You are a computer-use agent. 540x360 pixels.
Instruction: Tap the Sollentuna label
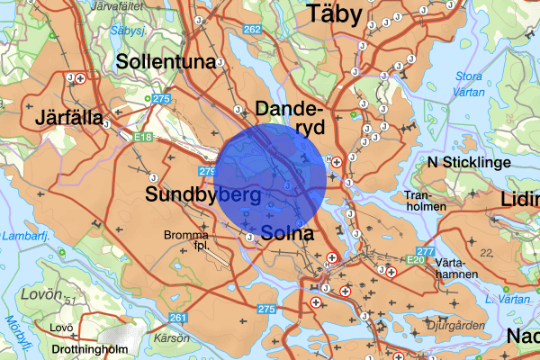point(169,62)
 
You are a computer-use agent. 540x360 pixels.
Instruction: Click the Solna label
point(288,234)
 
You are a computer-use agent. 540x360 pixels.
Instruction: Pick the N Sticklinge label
point(469,162)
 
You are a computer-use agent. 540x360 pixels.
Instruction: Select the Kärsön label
point(171,337)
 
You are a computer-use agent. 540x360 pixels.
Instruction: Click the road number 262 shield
point(252,30)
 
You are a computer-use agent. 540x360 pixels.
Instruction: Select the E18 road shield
point(141,138)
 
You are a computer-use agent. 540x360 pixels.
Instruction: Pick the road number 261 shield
point(177,317)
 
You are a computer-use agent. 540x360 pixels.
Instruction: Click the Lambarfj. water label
point(23,235)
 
